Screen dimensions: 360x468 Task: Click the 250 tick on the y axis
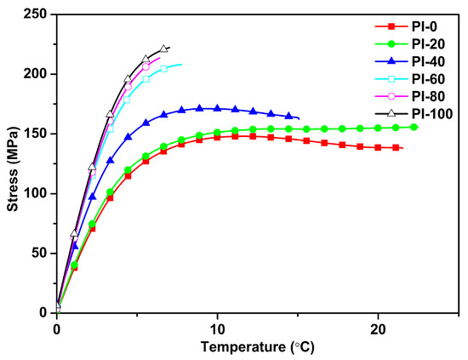click(37, 14)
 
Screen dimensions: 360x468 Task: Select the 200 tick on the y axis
click(37, 74)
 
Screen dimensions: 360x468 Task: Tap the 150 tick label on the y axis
click(37, 134)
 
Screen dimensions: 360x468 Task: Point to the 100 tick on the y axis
click(37, 193)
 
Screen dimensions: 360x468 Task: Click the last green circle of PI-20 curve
click(414, 127)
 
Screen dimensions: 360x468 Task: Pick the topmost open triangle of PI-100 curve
click(163, 49)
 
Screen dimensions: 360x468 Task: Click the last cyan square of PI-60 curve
click(163, 69)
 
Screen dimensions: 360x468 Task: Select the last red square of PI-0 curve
click(397, 147)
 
